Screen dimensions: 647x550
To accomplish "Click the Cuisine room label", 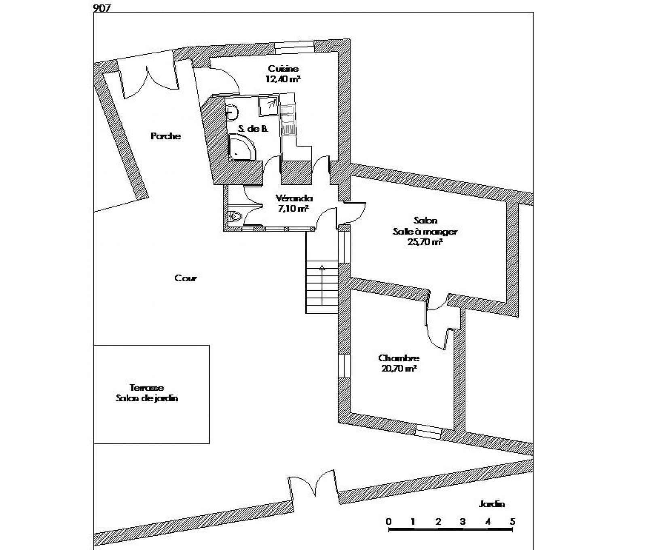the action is pos(283,69).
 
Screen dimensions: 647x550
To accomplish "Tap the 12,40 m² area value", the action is pos(283,79).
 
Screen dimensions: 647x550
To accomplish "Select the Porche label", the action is pos(166,136).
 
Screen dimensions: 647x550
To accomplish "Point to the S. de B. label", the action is pos(253,129).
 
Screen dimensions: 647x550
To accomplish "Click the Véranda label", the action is pos(294,198).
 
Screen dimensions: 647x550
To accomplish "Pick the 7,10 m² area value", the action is pos(294,209).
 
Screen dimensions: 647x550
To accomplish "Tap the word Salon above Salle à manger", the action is pos(425,221).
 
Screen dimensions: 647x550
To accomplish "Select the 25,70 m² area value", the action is pos(425,242).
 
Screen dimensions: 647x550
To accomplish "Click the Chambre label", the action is pos(399,358).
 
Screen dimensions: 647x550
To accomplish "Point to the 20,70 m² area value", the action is pos(399,368).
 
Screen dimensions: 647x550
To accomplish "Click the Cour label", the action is pos(186,278).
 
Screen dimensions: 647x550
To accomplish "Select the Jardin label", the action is pos(492,504).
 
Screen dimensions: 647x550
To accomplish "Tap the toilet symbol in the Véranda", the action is pos(235,217).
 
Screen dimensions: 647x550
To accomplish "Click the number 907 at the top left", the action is pos(102,8).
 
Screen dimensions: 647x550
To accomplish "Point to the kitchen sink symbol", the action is pos(288,120).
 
